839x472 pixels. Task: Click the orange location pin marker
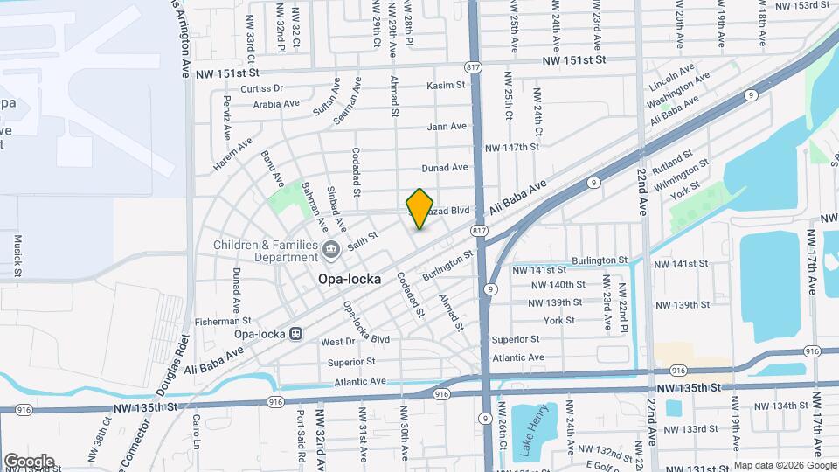[x=420, y=208]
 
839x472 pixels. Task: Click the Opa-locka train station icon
[x=296, y=333]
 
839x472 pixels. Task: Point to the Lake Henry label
[x=534, y=430]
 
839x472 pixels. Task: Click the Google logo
[x=28, y=461]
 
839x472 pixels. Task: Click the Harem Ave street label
[x=232, y=155]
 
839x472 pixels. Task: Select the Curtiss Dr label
[x=261, y=88]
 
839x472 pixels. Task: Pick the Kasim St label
[x=447, y=86]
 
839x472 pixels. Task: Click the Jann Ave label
[x=447, y=127]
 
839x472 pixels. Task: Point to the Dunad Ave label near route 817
[x=445, y=167]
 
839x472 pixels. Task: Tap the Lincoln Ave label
[x=671, y=76]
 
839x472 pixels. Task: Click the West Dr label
[x=337, y=342]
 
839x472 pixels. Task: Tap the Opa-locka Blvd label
[x=366, y=326]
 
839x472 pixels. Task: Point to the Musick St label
[x=17, y=254]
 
